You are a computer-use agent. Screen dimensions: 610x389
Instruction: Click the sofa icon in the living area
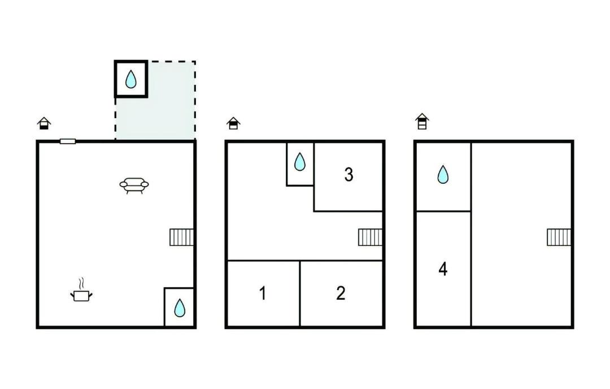(x=134, y=185)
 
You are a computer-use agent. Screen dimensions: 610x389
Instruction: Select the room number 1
(x=263, y=293)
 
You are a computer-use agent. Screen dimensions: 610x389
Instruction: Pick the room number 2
(x=341, y=293)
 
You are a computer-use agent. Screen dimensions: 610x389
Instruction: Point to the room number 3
(x=349, y=175)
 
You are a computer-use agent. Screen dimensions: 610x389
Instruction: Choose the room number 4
(x=443, y=269)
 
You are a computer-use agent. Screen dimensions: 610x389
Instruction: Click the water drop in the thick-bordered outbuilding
(x=131, y=79)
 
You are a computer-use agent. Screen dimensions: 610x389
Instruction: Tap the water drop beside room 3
(x=299, y=162)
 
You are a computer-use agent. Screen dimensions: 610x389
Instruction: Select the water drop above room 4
(x=443, y=175)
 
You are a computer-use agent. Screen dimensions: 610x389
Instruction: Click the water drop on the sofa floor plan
(x=180, y=308)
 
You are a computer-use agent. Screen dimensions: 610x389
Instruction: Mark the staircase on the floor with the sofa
(x=181, y=237)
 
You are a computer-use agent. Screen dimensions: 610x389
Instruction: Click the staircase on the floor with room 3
(x=370, y=237)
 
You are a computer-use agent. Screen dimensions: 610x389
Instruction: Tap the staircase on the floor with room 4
(x=559, y=237)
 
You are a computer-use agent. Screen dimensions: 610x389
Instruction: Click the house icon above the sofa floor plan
(x=45, y=123)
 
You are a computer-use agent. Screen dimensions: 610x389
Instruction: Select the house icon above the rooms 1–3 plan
(x=233, y=123)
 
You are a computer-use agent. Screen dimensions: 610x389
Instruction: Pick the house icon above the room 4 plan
(x=422, y=122)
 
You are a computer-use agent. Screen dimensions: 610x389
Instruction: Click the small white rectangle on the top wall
(x=68, y=141)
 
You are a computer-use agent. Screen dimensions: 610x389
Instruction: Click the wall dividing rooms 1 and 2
(x=300, y=293)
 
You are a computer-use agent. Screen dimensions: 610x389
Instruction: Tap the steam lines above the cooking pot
(x=81, y=283)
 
